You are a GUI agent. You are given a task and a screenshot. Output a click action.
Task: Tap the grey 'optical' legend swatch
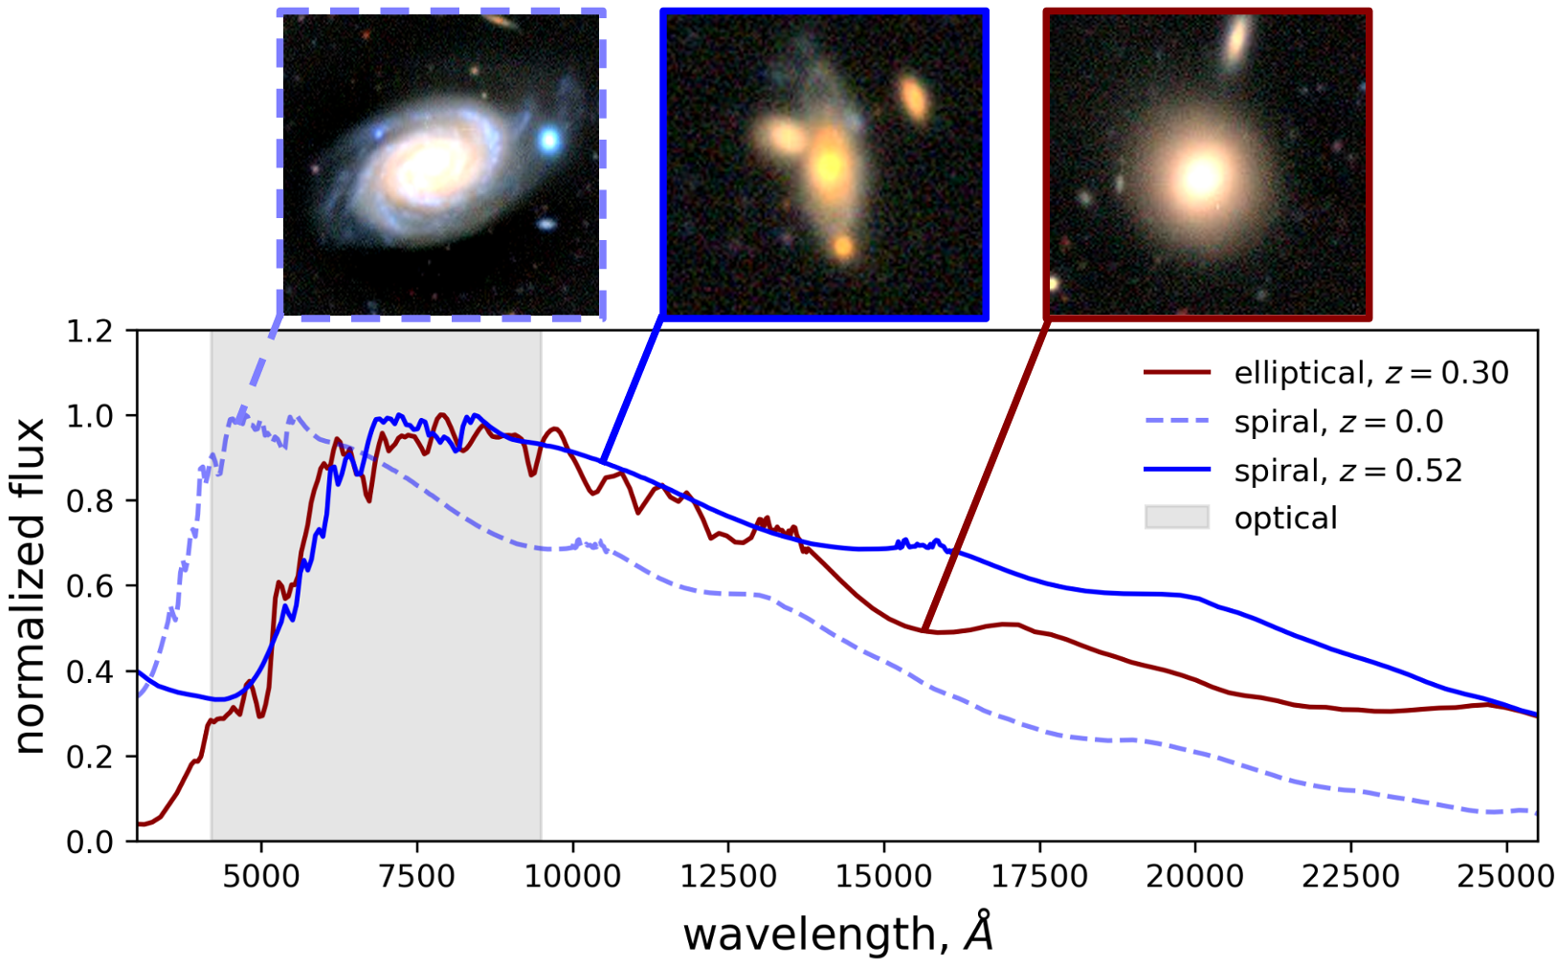[x=1176, y=517]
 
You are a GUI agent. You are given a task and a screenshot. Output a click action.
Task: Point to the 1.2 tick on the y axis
[x=92, y=331]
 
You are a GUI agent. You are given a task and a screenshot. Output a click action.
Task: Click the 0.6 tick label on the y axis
[x=92, y=586]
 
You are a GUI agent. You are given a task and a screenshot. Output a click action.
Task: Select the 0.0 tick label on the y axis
[x=92, y=842]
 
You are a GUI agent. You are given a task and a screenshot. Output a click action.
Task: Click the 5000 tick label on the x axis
[x=260, y=876]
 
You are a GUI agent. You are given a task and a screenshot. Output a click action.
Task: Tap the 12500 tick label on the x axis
[x=728, y=876]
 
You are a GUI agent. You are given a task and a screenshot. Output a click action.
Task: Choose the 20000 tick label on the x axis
[x=1195, y=876]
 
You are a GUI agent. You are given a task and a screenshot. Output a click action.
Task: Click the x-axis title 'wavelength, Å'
[x=837, y=933]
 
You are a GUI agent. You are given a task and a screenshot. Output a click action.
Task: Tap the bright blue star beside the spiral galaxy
[x=548, y=141]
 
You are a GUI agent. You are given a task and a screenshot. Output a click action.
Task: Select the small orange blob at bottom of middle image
[x=842, y=248]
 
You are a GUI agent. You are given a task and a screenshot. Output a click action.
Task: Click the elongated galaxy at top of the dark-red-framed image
[x=1236, y=39]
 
